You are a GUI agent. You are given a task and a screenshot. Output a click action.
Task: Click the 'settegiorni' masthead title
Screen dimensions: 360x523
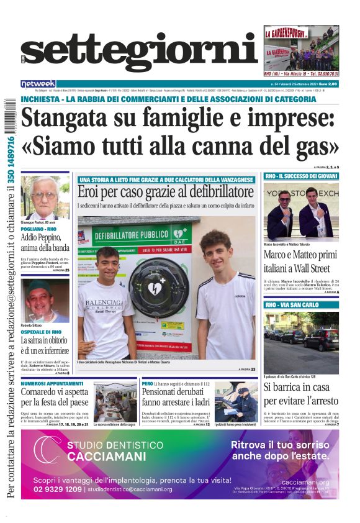click(x=139, y=52)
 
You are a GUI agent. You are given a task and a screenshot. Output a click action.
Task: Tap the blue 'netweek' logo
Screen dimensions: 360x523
click(x=38, y=84)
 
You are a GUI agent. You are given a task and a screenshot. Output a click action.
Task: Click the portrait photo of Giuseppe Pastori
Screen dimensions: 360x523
click(x=45, y=197)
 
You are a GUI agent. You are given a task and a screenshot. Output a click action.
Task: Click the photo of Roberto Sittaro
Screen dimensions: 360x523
click(x=45, y=299)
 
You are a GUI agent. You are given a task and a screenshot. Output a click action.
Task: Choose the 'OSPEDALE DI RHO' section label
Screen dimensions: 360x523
click(x=41, y=332)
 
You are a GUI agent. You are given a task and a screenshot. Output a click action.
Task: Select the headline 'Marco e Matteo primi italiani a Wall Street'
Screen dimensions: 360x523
click(x=300, y=261)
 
